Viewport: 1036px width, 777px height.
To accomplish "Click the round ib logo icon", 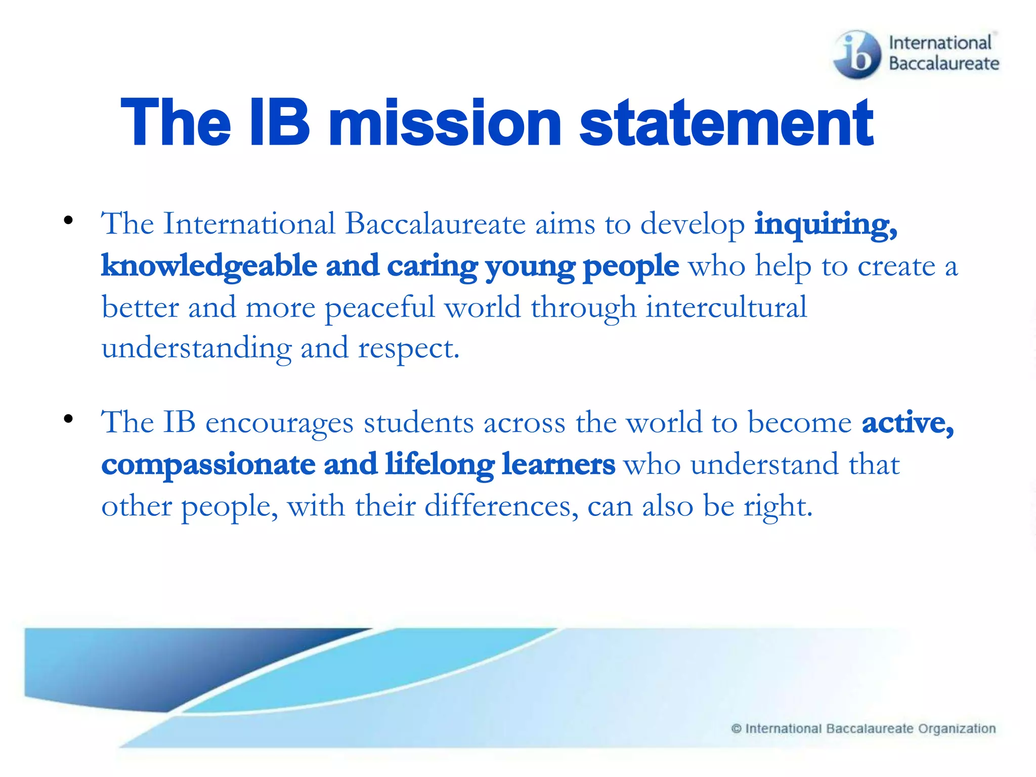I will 857,54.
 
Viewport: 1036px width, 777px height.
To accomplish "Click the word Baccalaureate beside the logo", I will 944,64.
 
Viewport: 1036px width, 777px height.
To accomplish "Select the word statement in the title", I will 726,123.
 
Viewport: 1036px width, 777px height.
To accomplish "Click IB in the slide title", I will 280,123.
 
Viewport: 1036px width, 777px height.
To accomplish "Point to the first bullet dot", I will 68,221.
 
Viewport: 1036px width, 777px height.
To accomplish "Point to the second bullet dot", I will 68,419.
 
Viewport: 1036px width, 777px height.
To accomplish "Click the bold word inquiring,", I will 826,225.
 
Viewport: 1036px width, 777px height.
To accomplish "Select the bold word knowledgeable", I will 209,266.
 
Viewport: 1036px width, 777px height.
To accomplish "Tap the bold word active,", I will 908,423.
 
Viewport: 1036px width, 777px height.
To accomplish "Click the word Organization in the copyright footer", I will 957,728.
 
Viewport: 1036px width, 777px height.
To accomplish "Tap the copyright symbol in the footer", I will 736,728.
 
